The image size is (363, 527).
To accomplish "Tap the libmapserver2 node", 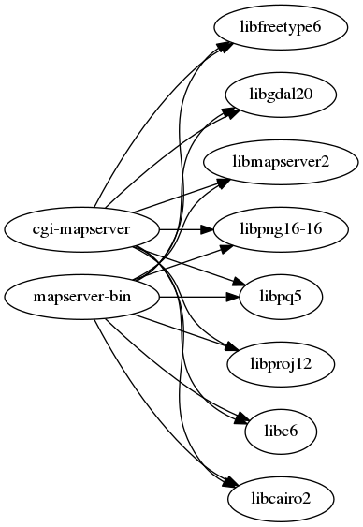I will point(281,161).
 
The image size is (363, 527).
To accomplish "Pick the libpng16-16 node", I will point(281,228).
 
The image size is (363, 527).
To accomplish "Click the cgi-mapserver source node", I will point(81,228).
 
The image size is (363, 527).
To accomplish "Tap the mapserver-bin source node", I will point(81,297).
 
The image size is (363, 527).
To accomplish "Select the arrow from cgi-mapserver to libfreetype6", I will point(140,122).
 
